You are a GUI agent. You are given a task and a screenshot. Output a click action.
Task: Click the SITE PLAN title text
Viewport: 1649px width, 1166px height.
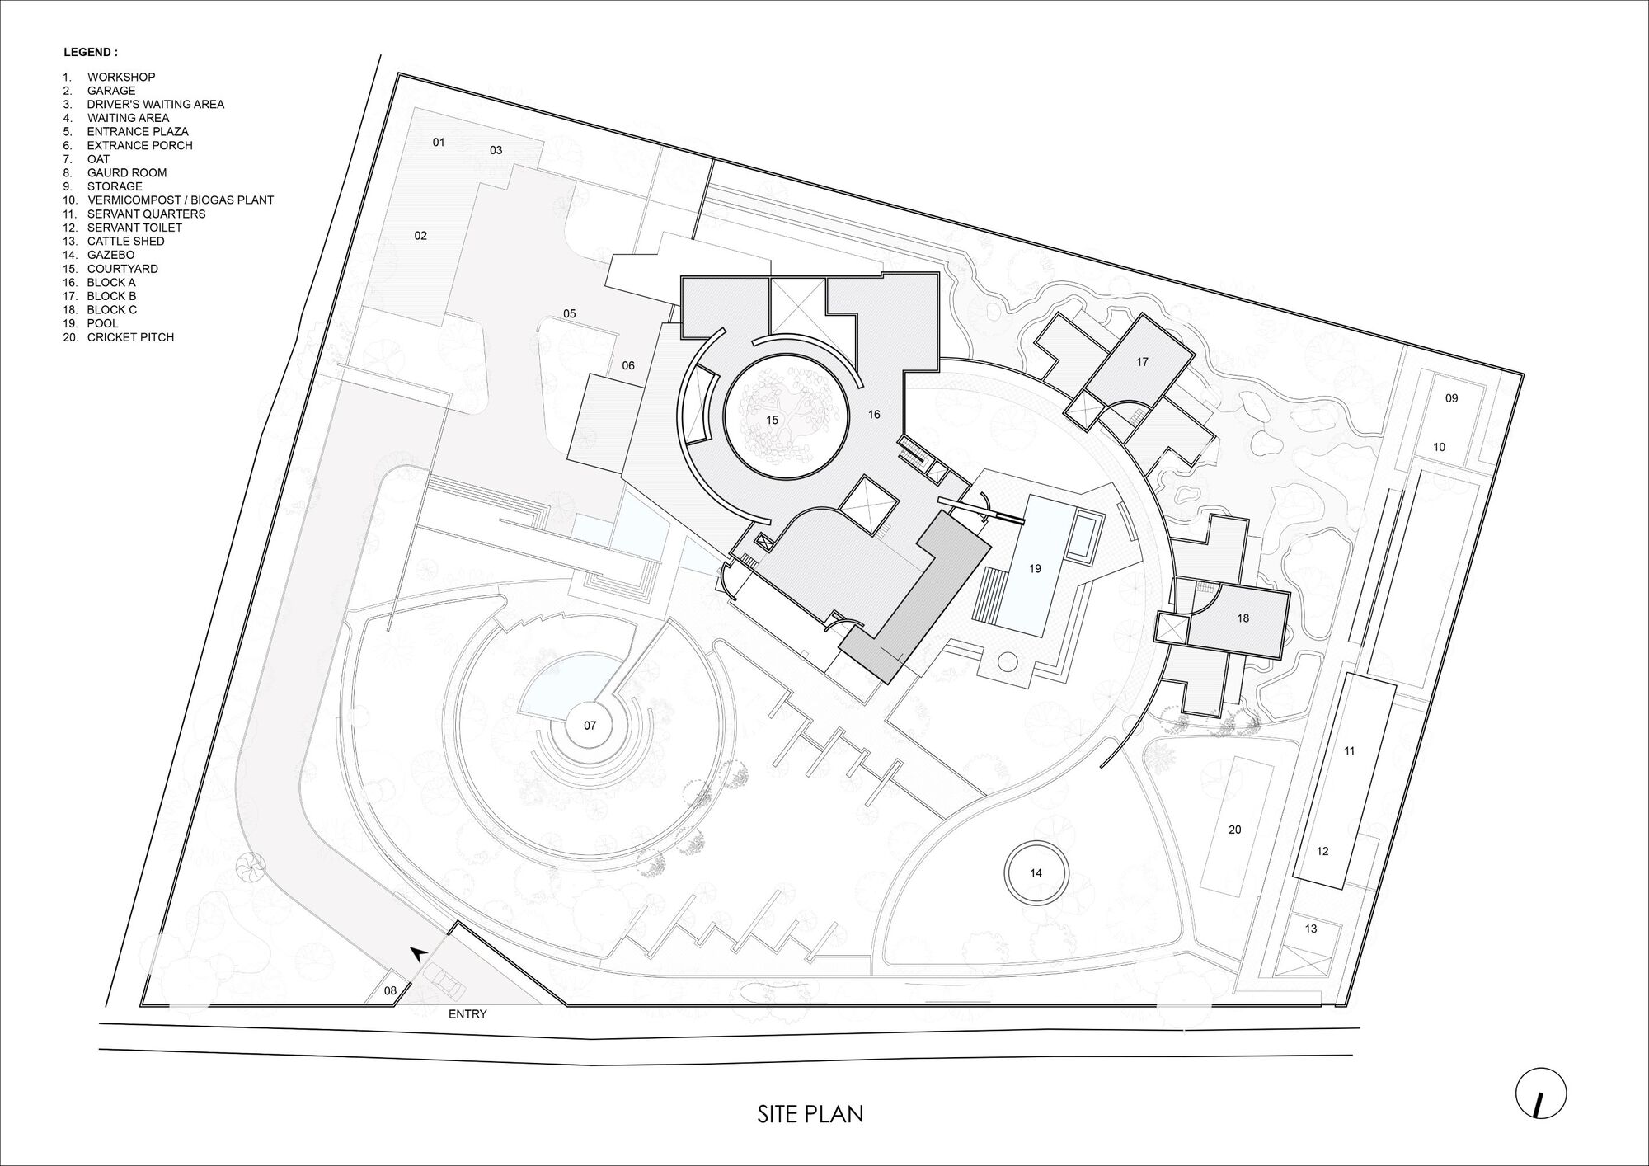pyautogui.click(x=810, y=1114)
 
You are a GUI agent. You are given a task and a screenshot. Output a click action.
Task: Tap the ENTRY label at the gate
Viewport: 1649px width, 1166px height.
pyautogui.click(x=467, y=1014)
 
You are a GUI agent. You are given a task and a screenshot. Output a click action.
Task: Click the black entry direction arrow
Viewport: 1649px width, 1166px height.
pyautogui.click(x=418, y=954)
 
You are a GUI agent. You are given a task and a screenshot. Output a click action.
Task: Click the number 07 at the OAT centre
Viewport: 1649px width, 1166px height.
pyautogui.click(x=590, y=726)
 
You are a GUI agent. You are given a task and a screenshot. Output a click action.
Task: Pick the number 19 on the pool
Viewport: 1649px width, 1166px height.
pyautogui.click(x=1035, y=568)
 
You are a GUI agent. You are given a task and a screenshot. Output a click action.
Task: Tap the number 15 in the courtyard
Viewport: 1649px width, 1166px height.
pyautogui.click(x=772, y=420)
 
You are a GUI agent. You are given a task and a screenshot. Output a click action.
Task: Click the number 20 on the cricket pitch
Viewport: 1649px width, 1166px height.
pyautogui.click(x=1234, y=830)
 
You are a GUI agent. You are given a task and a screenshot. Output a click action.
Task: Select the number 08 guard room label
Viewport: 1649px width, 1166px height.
pyautogui.click(x=390, y=990)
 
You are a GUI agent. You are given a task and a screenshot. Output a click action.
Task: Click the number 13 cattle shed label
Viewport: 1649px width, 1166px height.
pyautogui.click(x=1311, y=929)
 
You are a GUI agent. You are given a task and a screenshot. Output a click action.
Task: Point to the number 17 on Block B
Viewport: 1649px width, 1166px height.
pyautogui.click(x=1142, y=362)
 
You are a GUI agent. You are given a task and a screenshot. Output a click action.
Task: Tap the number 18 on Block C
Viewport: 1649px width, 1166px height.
pyautogui.click(x=1243, y=618)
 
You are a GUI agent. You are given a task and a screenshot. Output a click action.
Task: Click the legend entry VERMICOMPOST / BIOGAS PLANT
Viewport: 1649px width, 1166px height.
pyautogui.click(x=181, y=200)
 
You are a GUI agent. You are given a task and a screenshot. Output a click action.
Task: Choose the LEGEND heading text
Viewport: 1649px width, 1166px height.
pyautogui.click(x=91, y=52)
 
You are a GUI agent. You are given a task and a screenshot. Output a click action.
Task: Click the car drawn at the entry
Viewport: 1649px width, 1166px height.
pyautogui.click(x=445, y=981)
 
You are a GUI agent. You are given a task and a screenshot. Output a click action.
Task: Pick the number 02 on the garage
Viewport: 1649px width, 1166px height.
pyautogui.click(x=420, y=236)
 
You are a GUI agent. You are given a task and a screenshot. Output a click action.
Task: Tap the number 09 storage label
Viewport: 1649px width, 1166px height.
pyautogui.click(x=1452, y=398)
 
